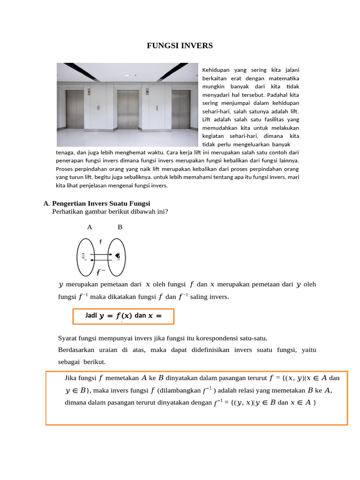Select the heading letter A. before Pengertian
(x=46, y=203)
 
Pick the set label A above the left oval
(x=90, y=227)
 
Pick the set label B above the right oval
(x=120, y=227)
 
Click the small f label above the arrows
(x=100, y=242)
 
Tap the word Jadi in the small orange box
(x=91, y=315)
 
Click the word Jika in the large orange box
(x=71, y=378)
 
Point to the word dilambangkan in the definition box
(x=180, y=390)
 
